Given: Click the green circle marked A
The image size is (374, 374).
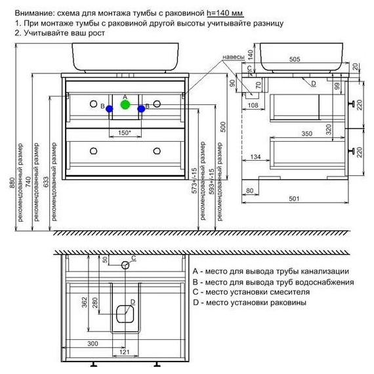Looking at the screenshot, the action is point(125,104).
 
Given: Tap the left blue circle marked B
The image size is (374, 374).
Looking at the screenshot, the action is point(109,109).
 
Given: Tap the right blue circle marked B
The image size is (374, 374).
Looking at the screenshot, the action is point(141,109).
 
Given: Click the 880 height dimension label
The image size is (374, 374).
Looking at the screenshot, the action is point(12,182).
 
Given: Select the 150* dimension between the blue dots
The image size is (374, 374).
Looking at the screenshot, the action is point(125,133).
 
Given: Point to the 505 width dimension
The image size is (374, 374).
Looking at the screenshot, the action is point(295,59).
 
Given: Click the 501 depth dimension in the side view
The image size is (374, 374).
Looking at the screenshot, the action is point(294,198).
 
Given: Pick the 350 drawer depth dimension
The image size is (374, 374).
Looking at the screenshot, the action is point(306,134).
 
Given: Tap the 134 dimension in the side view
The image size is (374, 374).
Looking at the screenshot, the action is point(255,157).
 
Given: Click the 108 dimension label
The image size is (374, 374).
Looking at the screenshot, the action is point(253,105).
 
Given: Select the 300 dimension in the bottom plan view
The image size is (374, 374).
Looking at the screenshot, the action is point(93,343).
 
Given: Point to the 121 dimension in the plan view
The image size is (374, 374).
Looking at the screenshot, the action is point(124,352).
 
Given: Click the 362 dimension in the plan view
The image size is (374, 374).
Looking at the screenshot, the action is point(85,302).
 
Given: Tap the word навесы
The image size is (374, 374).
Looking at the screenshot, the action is point(234,57).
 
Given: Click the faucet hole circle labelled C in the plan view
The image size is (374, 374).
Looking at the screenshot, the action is point(125,265).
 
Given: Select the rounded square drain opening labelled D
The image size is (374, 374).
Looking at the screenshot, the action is point(125,314).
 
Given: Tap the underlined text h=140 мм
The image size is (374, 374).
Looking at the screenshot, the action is point(225,13).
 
